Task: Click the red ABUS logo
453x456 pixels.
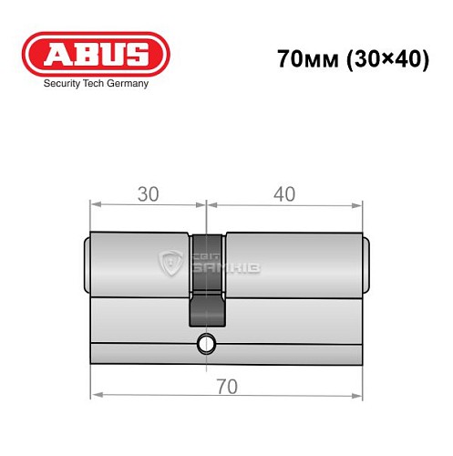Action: coord(95,55)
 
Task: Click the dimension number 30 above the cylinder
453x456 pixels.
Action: coord(149,194)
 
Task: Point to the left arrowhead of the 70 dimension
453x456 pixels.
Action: coord(94,395)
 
